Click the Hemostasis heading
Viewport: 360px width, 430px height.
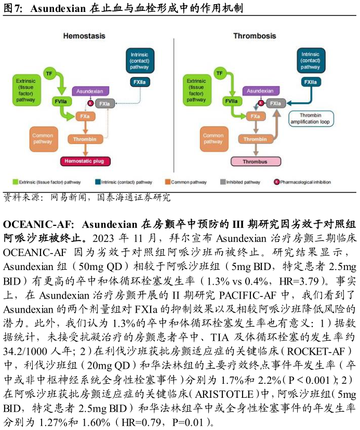[x=84, y=36]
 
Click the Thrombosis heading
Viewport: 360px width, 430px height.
[x=255, y=36]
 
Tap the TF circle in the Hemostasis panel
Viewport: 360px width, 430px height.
[x=49, y=73]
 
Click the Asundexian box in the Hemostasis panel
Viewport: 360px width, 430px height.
[x=90, y=91]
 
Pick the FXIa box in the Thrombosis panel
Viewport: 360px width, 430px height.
[x=276, y=104]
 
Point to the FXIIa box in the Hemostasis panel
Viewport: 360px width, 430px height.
[x=140, y=82]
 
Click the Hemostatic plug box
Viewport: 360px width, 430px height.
[x=86, y=162]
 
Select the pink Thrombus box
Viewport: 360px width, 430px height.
[x=255, y=162]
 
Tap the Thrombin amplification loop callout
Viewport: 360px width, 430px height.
[x=311, y=119]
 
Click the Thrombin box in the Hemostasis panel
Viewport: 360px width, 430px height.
[x=86, y=139]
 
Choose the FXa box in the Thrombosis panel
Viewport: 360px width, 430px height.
[x=255, y=116]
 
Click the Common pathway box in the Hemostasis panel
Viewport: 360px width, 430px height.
[x=43, y=139]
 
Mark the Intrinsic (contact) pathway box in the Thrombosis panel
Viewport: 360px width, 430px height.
[x=311, y=60]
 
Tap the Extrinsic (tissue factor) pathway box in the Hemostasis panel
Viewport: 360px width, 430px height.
[x=26, y=90]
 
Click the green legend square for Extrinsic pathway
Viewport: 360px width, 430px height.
[x=15, y=182]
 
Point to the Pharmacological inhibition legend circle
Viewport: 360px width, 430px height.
[x=276, y=182]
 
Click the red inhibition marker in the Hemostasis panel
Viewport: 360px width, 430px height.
[x=90, y=104]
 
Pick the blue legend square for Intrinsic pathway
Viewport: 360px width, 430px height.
[x=98, y=182]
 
